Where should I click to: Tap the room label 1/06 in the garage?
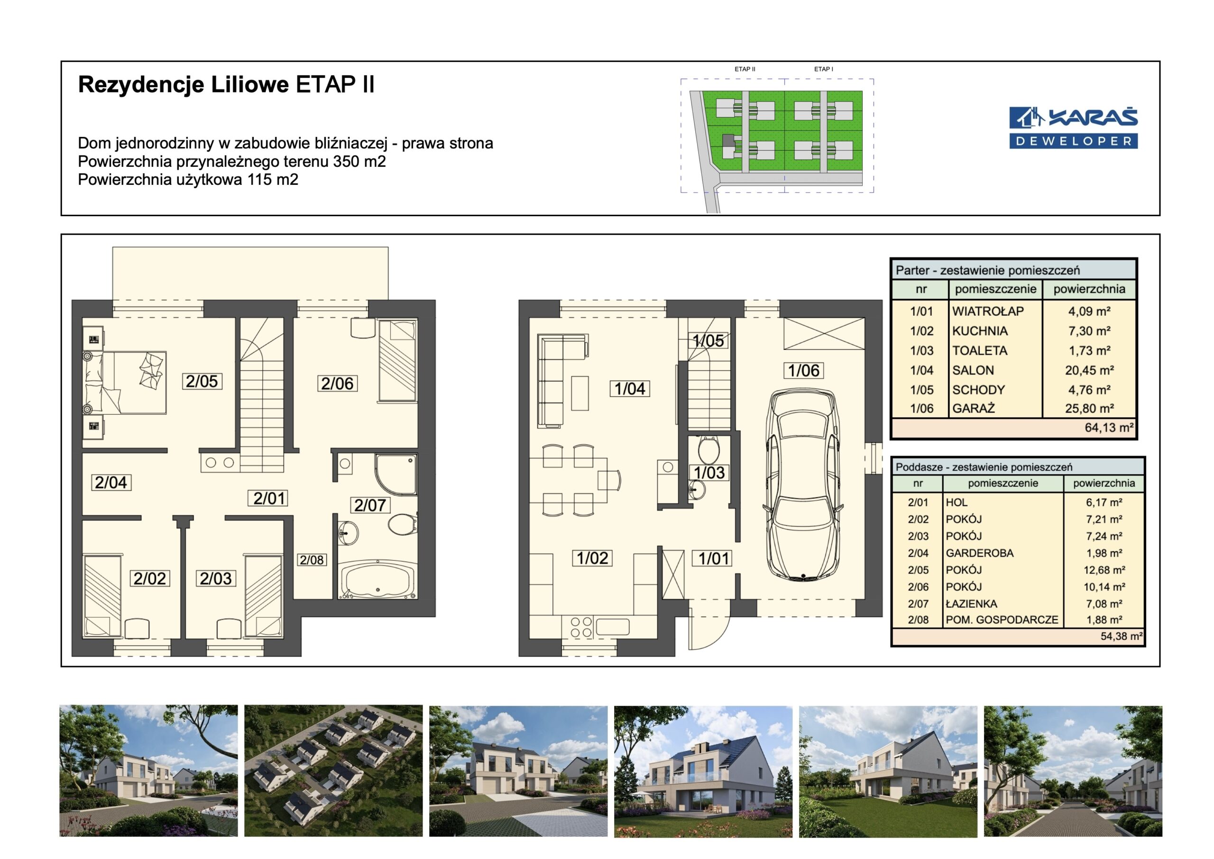[x=803, y=371]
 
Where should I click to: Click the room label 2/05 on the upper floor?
[x=202, y=381]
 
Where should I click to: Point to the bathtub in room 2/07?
[x=376, y=580]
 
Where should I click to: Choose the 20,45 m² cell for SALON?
[x=1089, y=370]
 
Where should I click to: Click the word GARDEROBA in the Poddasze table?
[x=979, y=553]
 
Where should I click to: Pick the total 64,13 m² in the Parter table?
[x=1109, y=428]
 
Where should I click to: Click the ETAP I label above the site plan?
[x=824, y=69]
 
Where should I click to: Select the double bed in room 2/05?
[x=125, y=383]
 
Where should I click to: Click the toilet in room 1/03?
[x=708, y=449]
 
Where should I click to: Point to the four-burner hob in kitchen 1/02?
[x=580, y=627]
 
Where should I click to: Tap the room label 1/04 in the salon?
[x=629, y=389]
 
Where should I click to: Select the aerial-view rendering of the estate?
[x=333, y=771]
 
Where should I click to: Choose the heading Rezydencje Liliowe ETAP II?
[x=226, y=85]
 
